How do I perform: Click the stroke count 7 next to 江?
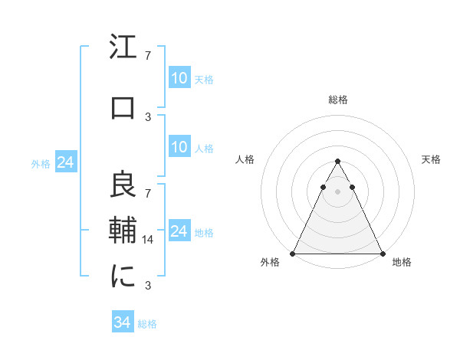pyautogui.click(x=148, y=56)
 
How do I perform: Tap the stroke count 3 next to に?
pyautogui.click(x=148, y=286)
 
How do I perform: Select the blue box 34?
pyautogui.click(x=123, y=323)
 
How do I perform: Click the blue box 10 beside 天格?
pyautogui.click(x=179, y=78)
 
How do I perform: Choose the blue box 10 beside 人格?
pyautogui.click(x=179, y=147)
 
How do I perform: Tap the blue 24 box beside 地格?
pyautogui.click(x=179, y=231)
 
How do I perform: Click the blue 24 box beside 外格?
pyautogui.click(x=65, y=162)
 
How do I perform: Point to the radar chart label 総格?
pyautogui.click(x=338, y=100)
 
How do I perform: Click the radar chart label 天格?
pyautogui.click(x=432, y=159)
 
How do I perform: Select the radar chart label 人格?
pyautogui.click(x=245, y=159)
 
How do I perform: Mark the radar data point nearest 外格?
pyautogui.click(x=293, y=254)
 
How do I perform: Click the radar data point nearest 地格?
pyautogui.click(x=383, y=254)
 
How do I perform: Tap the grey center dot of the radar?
pyautogui.click(x=337, y=191)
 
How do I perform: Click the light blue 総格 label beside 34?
pyautogui.click(x=147, y=324)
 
